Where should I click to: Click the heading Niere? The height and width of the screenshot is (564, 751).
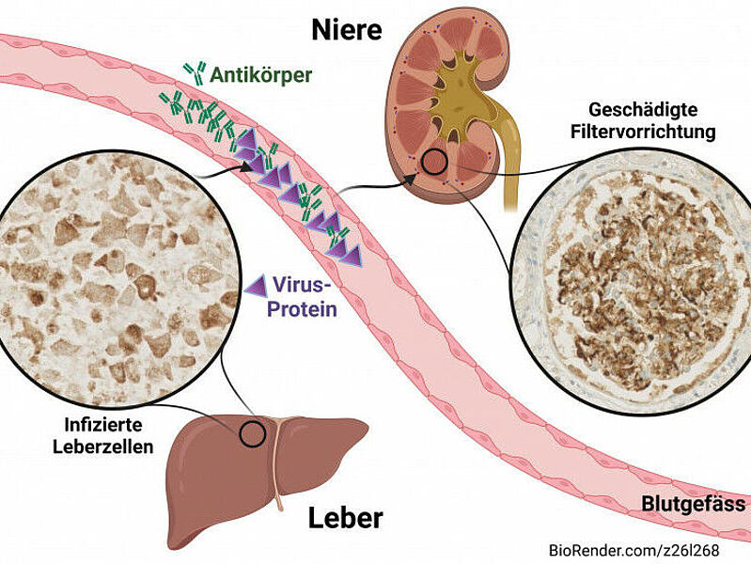347,31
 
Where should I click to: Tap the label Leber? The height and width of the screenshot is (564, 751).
347,517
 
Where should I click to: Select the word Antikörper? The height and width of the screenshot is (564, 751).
261,74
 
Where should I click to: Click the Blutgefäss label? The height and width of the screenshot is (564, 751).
694,504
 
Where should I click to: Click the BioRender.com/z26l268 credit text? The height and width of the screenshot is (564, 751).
647,549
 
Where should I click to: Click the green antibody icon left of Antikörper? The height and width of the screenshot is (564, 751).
196,73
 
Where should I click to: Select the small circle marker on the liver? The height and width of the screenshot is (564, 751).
252,433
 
